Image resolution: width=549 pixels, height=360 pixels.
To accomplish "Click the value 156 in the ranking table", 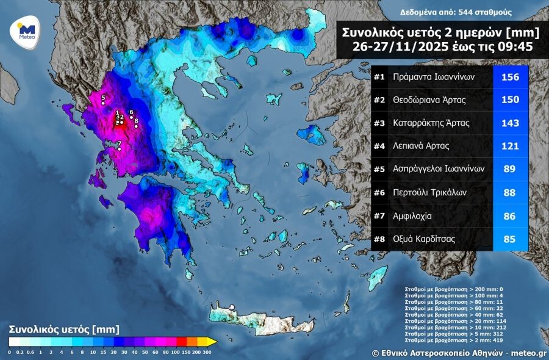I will click(509, 77).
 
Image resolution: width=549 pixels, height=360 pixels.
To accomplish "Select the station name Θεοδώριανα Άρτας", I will click(431, 100).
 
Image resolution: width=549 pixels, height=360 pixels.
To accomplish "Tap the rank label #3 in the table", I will click(379, 123).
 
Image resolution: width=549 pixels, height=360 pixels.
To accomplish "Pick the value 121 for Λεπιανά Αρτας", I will click(509, 146).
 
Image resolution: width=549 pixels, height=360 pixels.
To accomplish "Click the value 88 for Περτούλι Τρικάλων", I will click(509, 193).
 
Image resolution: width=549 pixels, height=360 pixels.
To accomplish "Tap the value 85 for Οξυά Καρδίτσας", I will click(509, 239).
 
